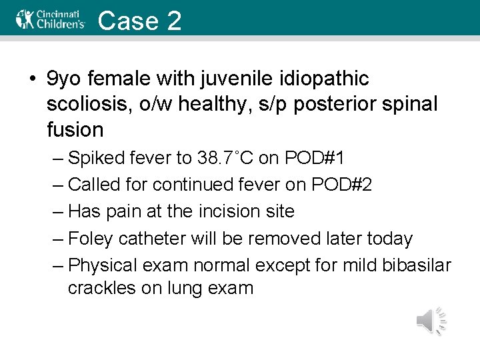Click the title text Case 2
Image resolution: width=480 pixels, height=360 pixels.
(x=139, y=20)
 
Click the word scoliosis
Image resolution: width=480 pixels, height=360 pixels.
(x=85, y=104)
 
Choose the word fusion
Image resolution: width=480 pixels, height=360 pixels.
(x=75, y=129)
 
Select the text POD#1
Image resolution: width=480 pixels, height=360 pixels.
(x=316, y=159)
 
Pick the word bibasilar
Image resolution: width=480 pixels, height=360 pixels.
(x=417, y=265)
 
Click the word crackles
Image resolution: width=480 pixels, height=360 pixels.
(x=101, y=289)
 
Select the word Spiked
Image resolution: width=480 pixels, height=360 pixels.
(x=97, y=159)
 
